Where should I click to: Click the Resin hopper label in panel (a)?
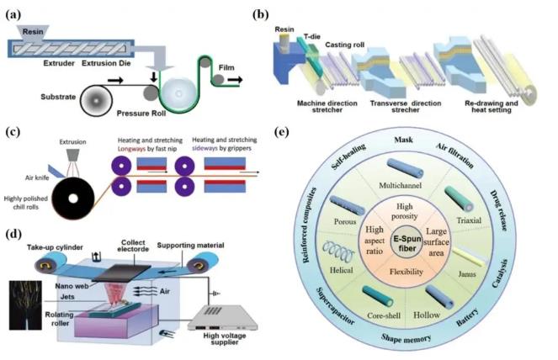point(33,32)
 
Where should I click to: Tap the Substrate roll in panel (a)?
point(96,101)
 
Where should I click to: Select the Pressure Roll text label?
point(141,114)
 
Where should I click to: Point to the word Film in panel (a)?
point(226,67)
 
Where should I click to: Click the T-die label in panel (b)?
point(311,36)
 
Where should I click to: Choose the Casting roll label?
point(344,45)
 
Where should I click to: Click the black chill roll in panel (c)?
point(73,199)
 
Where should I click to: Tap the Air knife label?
point(37,177)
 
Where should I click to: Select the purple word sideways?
point(205,148)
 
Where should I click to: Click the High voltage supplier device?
point(222,317)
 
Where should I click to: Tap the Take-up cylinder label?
point(55,247)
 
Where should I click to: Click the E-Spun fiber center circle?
point(407,243)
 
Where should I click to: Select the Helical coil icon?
point(338,251)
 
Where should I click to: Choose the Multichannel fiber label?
point(400,185)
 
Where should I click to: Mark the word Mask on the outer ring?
point(403,140)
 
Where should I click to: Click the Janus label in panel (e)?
point(466,274)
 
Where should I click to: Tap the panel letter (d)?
point(13,234)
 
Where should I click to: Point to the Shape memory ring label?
point(406,338)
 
